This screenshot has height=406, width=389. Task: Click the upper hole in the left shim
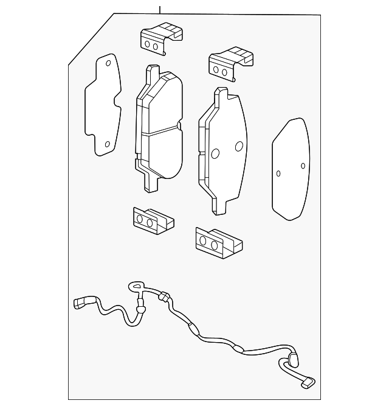tap(108, 63)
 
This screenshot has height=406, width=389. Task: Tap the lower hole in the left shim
tap(108, 144)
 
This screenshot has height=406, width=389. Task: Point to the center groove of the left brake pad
tap(159, 131)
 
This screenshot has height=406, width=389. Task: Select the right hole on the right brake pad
tap(239, 146)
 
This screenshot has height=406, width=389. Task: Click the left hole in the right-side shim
tap(278, 173)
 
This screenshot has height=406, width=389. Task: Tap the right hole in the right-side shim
tap(303, 166)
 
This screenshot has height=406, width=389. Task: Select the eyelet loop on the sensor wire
tap(136, 286)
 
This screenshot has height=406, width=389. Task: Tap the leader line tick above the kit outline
tap(160, 10)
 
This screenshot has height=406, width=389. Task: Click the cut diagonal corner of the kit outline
tap(91, 38)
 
